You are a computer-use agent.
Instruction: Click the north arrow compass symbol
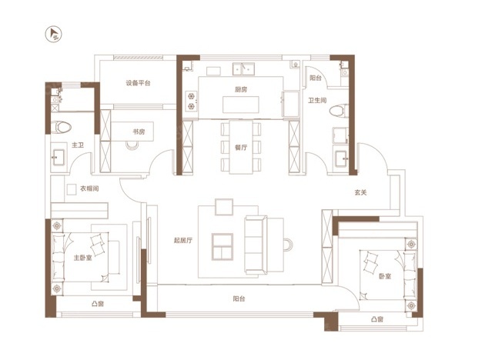click(53, 35)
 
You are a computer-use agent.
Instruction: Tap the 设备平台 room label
click(138, 83)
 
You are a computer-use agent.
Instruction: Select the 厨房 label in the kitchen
click(241, 89)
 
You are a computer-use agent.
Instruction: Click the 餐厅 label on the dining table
click(241, 148)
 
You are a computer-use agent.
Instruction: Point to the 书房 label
click(139, 132)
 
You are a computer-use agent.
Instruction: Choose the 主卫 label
click(78, 145)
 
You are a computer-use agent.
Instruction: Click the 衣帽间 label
click(89, 188)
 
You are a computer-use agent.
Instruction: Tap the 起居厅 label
click(183, 240)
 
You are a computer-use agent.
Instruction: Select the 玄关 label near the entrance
click(360, 192)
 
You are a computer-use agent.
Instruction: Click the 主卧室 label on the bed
click(83, 258)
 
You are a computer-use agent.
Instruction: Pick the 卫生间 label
click(317, 101)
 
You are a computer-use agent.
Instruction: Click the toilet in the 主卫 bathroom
click(61, 128)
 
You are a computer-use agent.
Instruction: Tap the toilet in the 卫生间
click(339, 111)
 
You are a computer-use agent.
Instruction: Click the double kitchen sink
click(243, 68)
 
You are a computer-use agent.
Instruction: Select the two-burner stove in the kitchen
click(192, 101)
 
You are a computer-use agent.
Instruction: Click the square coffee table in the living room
click(223, 247)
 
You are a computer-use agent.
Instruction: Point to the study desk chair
click(132, 145)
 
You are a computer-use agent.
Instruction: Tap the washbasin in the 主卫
click(59, 158)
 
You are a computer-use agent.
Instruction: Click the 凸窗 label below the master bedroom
click(98, 304)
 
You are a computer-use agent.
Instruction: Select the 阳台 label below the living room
click(239, 299)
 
